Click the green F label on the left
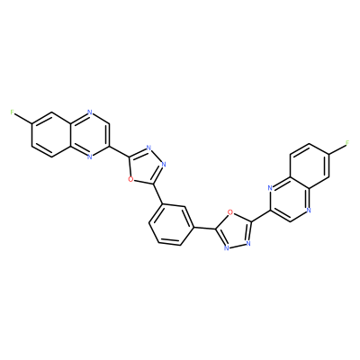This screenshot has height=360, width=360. click(12, 112)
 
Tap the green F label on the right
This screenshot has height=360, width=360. click(347, 143)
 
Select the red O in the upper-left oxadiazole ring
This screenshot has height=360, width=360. click(130, 179)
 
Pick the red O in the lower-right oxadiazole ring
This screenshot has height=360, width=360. click(229, 212)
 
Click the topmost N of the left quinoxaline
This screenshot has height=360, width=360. click(90, 112)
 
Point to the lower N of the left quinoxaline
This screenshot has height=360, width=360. click(90, 157)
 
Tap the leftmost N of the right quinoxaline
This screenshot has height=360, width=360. click(270, 188)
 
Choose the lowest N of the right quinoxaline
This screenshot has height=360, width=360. click(309, 210)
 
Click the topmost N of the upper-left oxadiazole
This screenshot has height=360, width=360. click(148, 148)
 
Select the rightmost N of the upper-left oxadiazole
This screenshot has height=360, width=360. click(163, 165)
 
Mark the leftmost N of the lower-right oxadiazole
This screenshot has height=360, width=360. click(227, 248)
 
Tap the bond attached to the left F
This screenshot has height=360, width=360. click(22, 118)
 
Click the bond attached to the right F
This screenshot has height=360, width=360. click(337, 148)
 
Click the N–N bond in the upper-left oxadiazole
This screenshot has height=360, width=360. click(156, 157)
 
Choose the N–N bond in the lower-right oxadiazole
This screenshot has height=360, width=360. click(238, 246)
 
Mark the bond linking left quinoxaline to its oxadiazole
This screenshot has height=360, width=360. click(119, 152)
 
